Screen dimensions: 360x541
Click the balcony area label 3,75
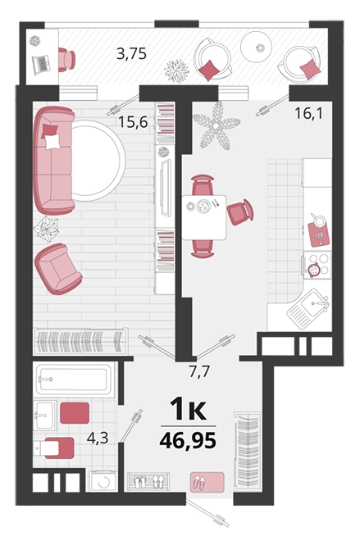[x=131, y=54]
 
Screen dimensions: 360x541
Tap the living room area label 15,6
[x=133, y=122]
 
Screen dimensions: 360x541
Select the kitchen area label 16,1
[x=309, y=113]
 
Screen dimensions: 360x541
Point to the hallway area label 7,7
[x=200, y=372]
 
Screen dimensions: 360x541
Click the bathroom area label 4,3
[x=98, y=439]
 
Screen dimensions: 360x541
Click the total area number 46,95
[x=188, y=440]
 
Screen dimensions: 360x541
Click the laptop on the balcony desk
[x=42, y=65]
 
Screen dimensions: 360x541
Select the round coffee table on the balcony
[x=256, y=47]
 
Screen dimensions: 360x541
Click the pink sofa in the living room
[x=54, y=160]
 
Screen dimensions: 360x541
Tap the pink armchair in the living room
[x=58, y=269]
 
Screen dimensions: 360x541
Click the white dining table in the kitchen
[x=204, y=217]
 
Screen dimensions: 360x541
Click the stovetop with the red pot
[x=317, y=265]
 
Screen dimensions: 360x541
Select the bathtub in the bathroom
[x=75, y=379]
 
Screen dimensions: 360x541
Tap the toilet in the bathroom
[x=54, y=448]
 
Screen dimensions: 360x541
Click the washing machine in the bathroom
[x=103, y=481]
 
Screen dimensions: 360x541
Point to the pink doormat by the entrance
[x=207, y=482]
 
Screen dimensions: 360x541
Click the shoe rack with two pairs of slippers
[x=148, y=481]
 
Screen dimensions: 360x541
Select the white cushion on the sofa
[x=52, y=142]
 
